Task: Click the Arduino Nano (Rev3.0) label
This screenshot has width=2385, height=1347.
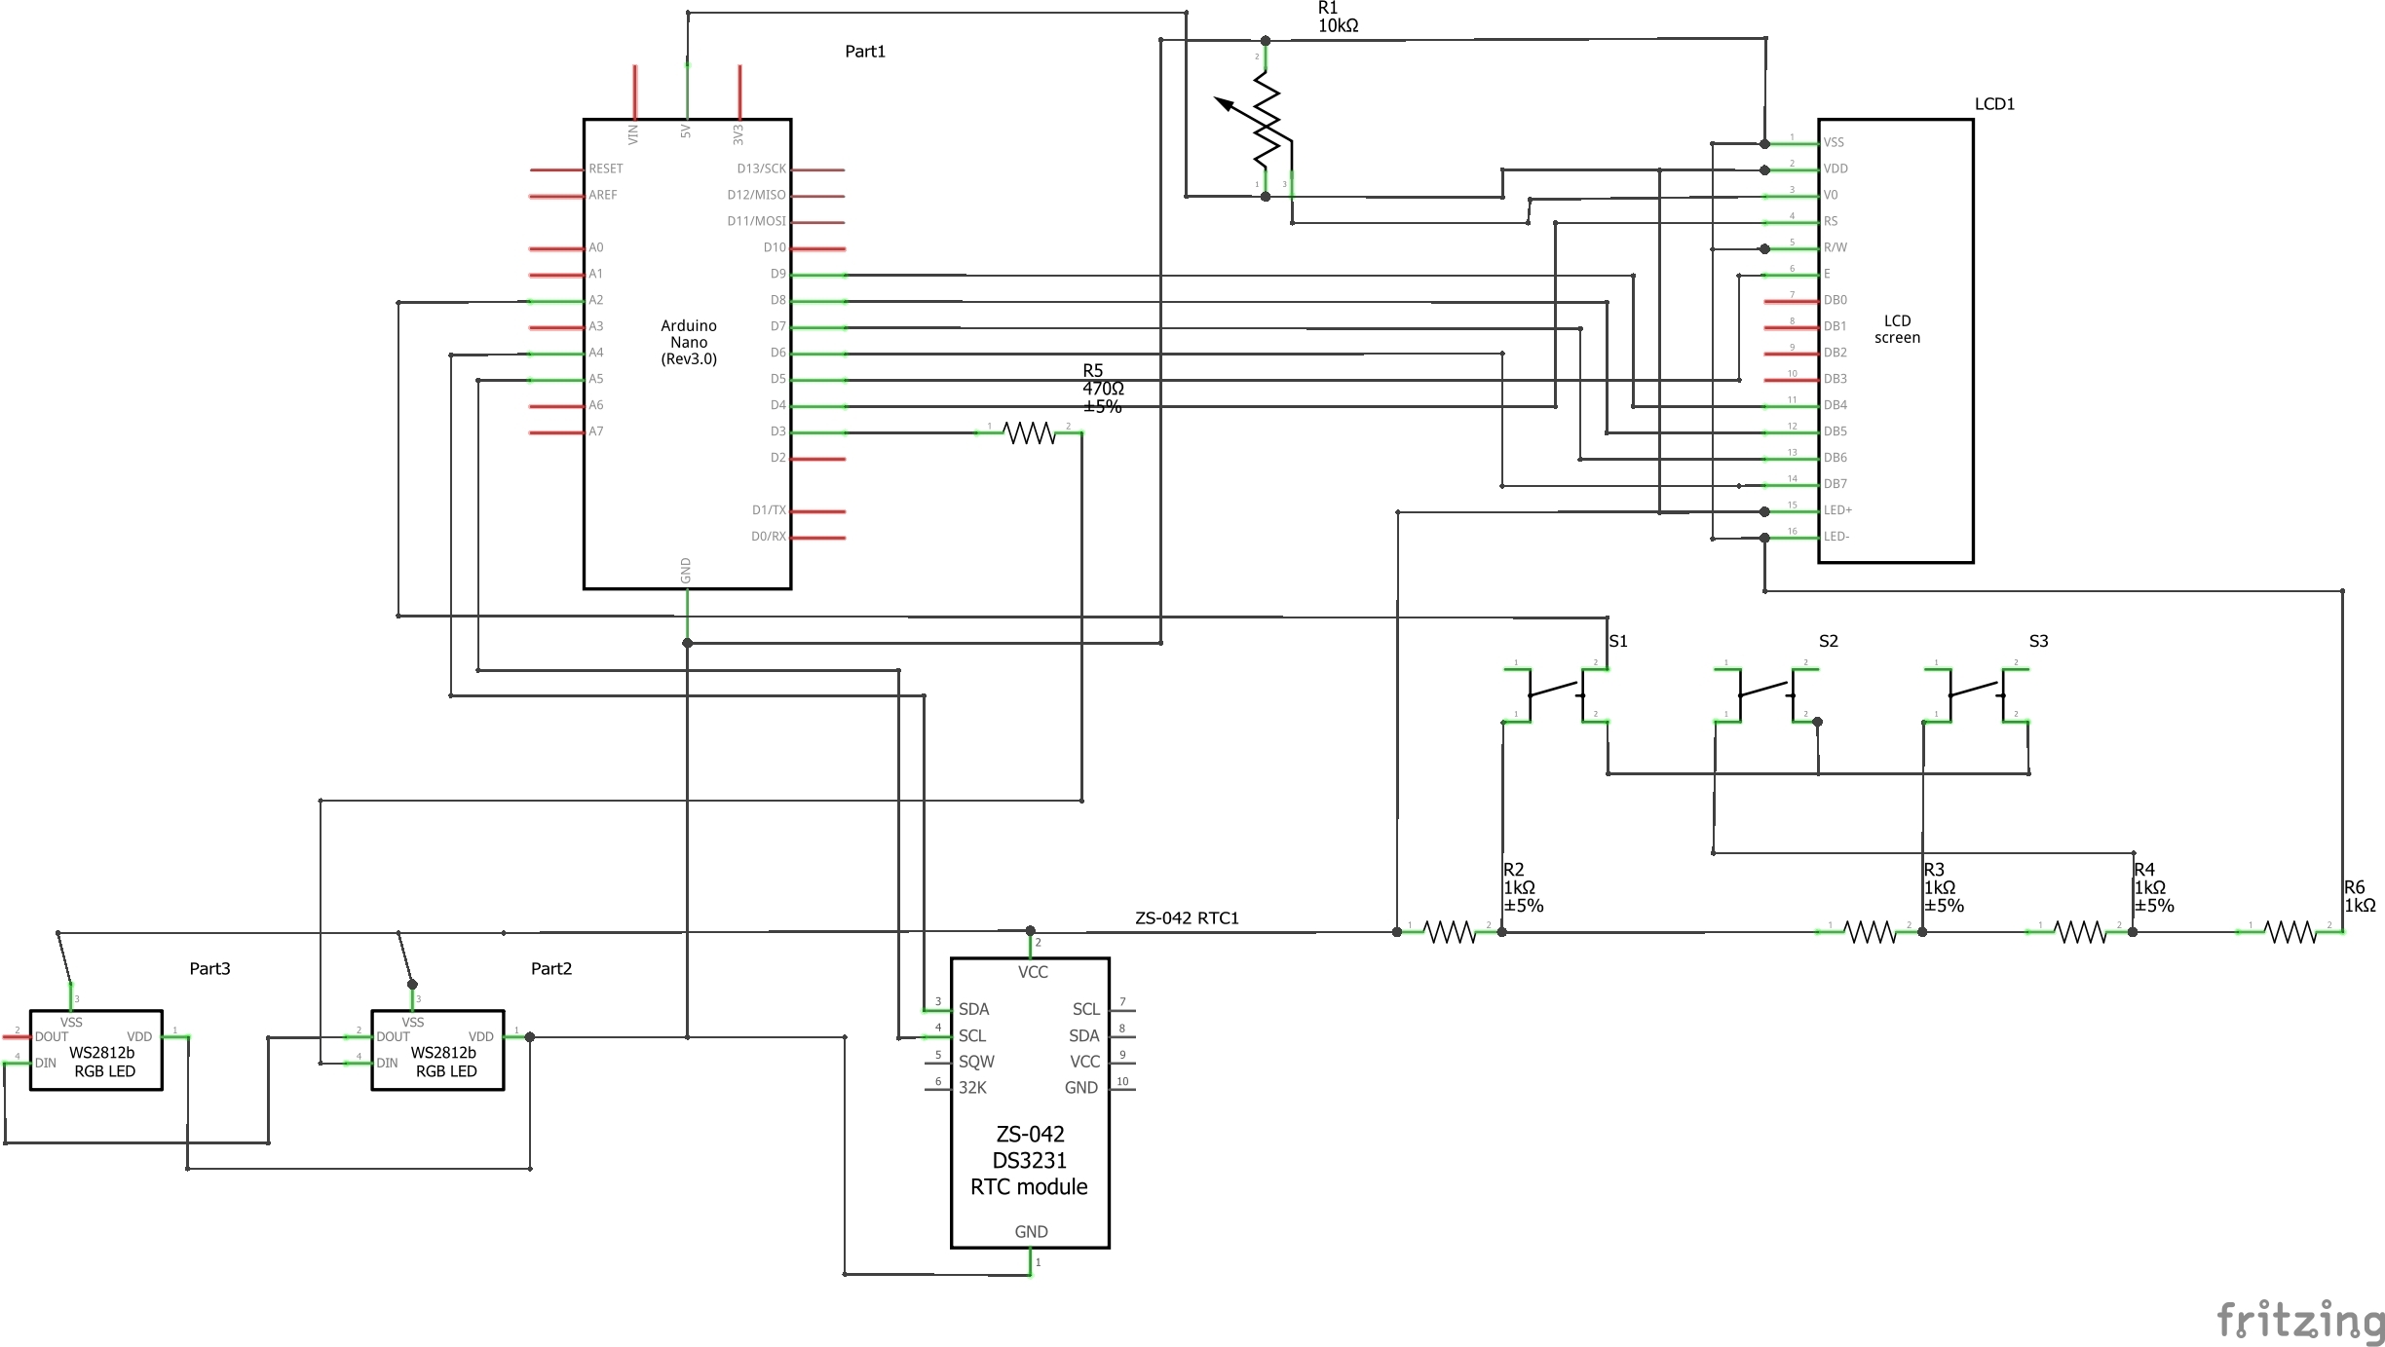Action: coord(688,342)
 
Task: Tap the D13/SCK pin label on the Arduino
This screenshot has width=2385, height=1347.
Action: coord(761,168)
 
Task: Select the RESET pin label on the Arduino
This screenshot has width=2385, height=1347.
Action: coord(605,168)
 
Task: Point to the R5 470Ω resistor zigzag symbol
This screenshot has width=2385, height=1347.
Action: coord(1029,432)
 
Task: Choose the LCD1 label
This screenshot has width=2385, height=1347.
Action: coord(1993,104)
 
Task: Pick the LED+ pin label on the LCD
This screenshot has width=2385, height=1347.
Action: coord(1837,510)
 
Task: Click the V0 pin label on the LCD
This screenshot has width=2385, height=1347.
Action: coord(1831,195)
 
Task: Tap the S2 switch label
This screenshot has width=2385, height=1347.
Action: coord(1828,641)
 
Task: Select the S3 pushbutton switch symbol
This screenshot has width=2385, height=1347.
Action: coord(1976,693)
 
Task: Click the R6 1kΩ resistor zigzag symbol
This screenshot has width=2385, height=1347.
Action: coord(2290,933)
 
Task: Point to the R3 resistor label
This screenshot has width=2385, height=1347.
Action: coord(1933,870)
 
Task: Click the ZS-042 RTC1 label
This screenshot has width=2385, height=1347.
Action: coord(1186,918)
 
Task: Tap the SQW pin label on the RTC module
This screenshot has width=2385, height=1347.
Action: coord(976,1062)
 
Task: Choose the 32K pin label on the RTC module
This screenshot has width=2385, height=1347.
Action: coord(972,1088)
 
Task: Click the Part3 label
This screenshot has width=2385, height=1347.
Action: coord(209,968)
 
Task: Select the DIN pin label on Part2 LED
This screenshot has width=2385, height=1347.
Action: coord(387,1063)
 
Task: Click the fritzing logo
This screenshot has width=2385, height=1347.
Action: coord(2299,1321)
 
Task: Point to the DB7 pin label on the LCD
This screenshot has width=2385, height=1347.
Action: coord(1835,484)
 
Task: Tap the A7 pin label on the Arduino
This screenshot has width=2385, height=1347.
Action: coord(595,431)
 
